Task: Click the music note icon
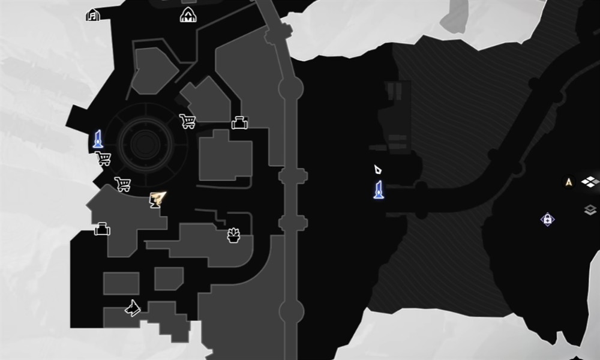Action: tap(93, 15)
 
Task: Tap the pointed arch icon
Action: tap(188, 15)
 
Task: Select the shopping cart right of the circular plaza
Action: tap(187, 121)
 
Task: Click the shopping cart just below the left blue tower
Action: tap(103, 158)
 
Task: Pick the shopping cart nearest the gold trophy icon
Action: tap(123, 184)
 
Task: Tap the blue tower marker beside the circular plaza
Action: tap(98, 139)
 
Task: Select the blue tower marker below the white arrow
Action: tap(379, 190)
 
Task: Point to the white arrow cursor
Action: tap(377, 170)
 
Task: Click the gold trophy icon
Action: tap(157, 199)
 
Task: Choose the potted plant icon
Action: tap(233, 235)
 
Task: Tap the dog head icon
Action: tap(133, 308)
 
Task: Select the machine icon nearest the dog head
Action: tap(102, 229)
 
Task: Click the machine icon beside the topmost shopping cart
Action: tap(240, 123)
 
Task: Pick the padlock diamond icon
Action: tap(547, 219)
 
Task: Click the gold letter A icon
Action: tap(569, 181)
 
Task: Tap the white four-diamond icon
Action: tap(590, 181)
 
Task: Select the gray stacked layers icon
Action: tap(590, 209)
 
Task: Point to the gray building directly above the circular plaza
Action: tap(154, 71)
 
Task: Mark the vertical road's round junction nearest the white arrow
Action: tap(292, 176)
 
